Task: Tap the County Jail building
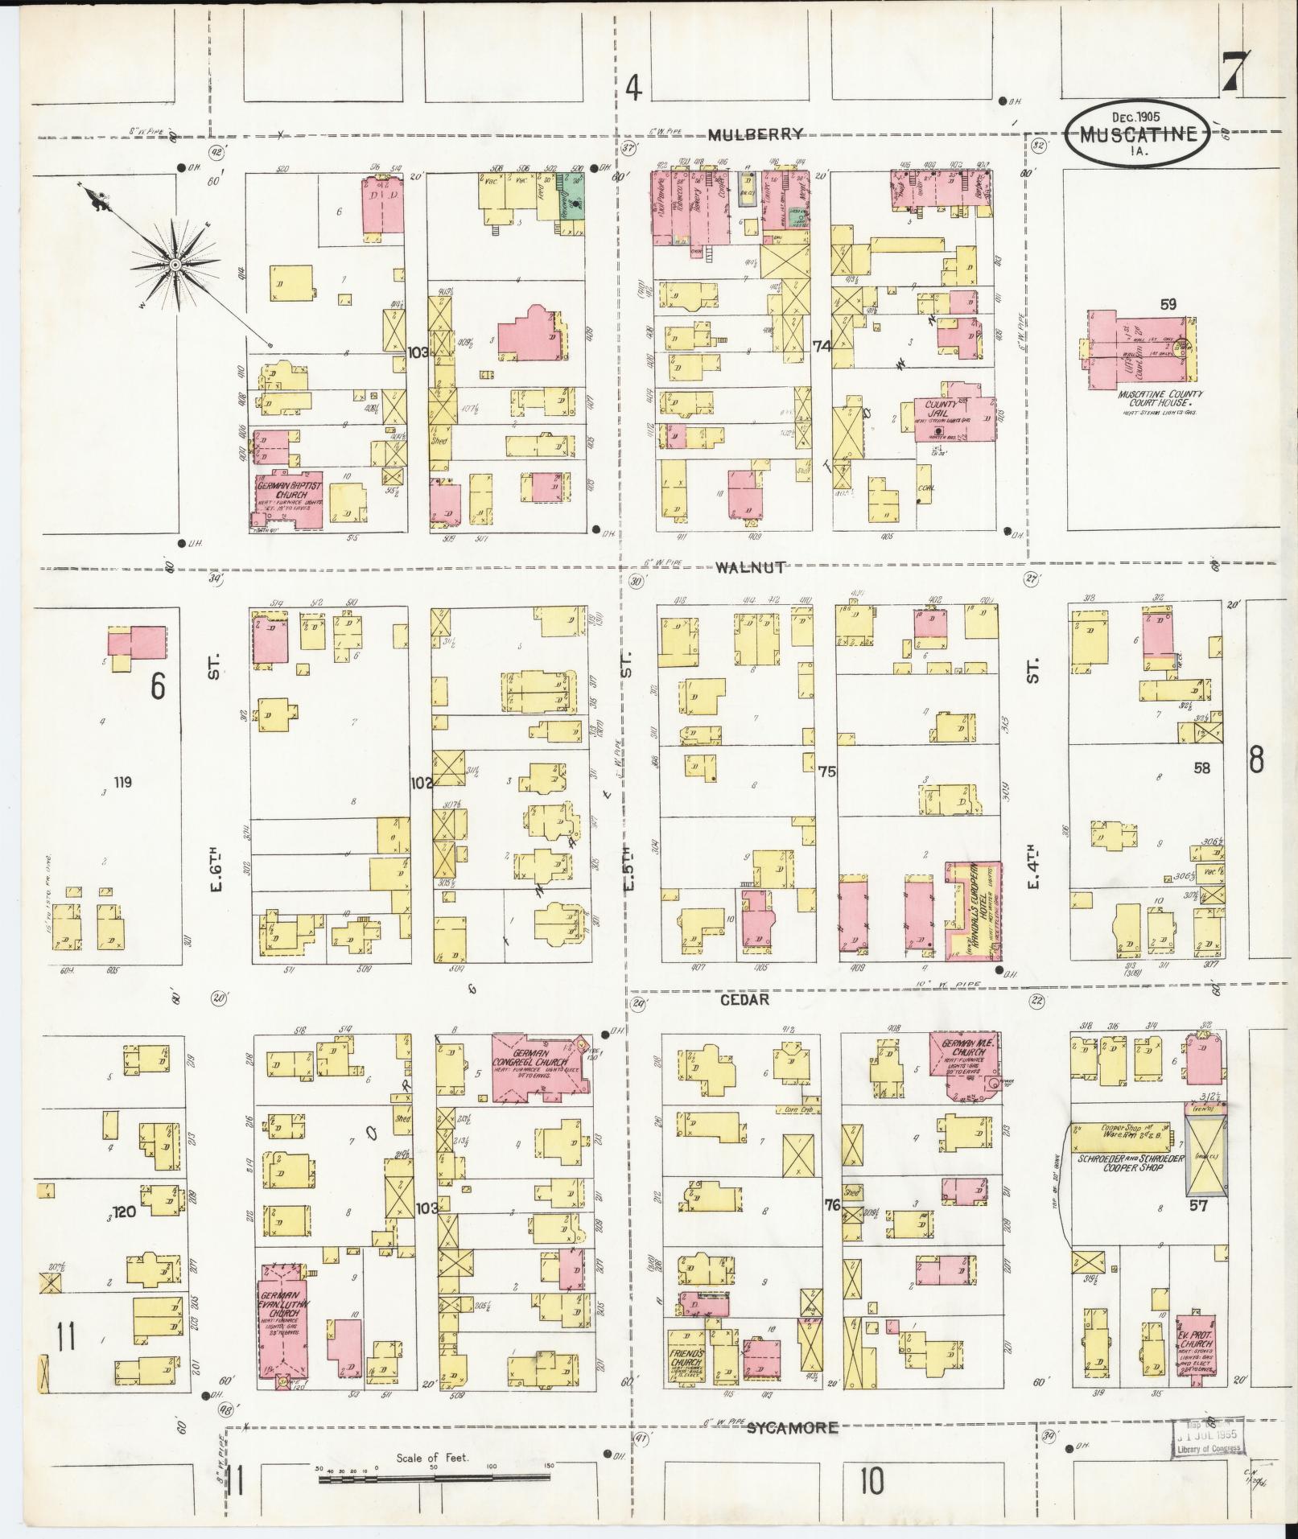(954, 418)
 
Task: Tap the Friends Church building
(685, 1360)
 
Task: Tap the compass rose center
(174, 265)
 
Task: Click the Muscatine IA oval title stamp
(1136, 133)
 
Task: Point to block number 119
(122, 782)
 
